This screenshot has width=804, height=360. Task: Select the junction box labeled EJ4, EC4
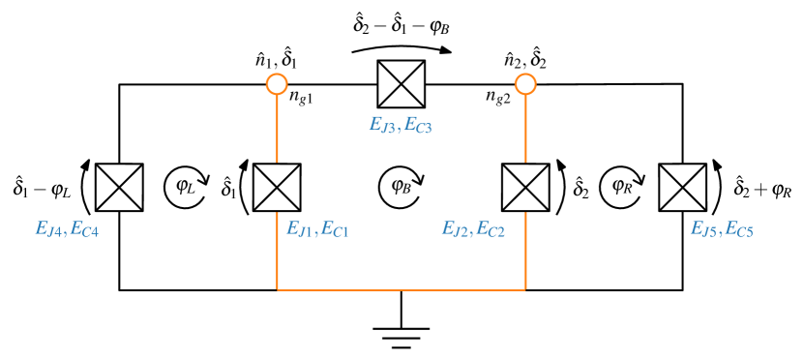point(119,187)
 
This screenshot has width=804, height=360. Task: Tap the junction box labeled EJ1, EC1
point(278,187)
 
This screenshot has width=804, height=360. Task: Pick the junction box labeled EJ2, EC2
point(525,187)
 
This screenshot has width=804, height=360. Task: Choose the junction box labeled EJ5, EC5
point(683,187)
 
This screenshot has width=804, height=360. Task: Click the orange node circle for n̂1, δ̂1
point(278,86)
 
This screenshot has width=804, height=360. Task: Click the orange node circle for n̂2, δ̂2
point(525,86)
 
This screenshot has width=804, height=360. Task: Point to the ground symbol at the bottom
point(401,333)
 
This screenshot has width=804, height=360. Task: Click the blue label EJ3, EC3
point(401,125)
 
